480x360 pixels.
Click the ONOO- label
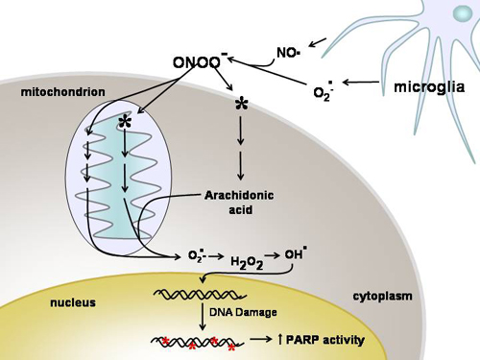(200, 63)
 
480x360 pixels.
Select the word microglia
(429, 87)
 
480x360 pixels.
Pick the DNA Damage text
(243, 314)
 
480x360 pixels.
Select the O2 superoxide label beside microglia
(325, 91)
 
